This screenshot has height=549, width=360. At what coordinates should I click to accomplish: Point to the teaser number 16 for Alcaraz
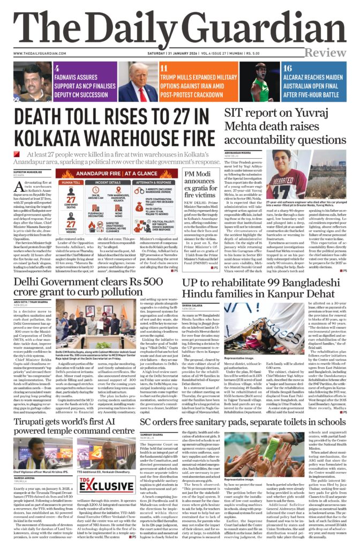[272, 69]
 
